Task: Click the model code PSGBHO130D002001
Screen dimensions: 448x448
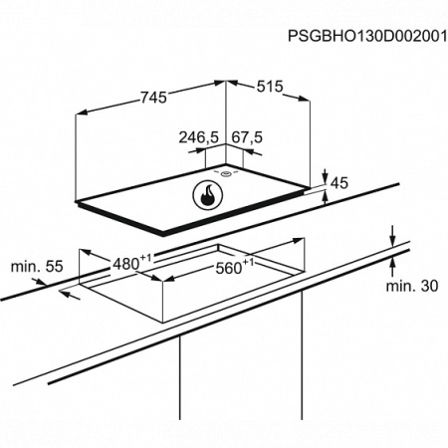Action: (x=367, y=36)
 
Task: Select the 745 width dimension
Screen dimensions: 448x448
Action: (x=153, y=98)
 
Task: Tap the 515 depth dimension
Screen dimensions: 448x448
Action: (x=270, y=87)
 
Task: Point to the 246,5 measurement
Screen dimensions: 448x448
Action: (x=199, y=137)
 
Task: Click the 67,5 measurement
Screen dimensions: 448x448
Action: (x=247, y=137)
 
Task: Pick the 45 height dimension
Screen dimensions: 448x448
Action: (x=339, y=183)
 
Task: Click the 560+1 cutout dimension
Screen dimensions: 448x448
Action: (x=235, y=267)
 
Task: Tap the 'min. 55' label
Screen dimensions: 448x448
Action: (x=37, y=267)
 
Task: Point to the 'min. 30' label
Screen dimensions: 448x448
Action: (x=412, y=286)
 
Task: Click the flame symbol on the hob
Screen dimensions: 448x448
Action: (x=208, y=195)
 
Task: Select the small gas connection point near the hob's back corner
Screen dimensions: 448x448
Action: (x=226, y=173)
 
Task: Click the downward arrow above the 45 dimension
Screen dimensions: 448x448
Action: (x=326, y=176)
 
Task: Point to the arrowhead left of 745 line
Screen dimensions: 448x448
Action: (x=82, y=112)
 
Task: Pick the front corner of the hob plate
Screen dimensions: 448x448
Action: (x=162, y=236)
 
